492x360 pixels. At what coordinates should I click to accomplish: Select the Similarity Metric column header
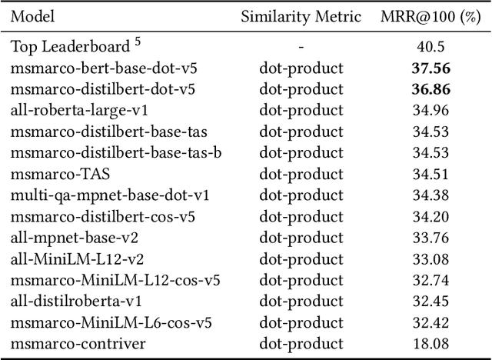pos(301,16)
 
